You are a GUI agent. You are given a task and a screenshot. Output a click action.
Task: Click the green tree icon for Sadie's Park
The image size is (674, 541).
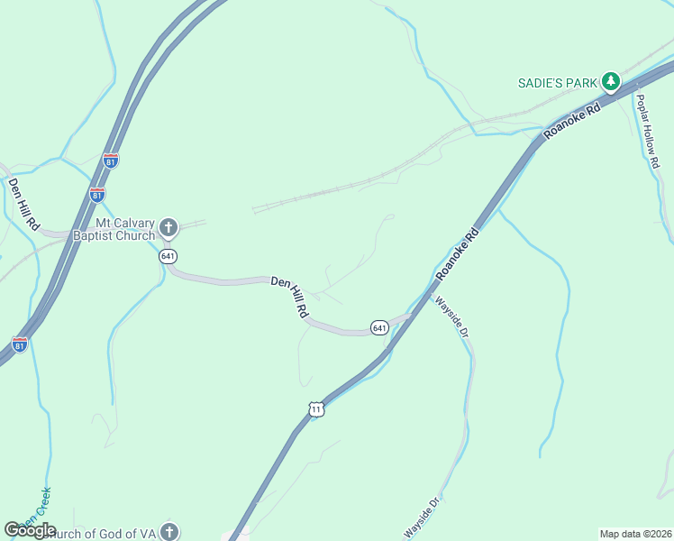[x=611, y=82]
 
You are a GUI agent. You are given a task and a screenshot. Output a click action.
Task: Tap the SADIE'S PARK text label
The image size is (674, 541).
[x=558, y=83]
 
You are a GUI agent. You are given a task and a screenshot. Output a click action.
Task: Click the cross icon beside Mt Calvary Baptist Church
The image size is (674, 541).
[x=168, y=228]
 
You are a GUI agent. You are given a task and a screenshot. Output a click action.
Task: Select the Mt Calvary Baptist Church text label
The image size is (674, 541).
[x=125, y=229]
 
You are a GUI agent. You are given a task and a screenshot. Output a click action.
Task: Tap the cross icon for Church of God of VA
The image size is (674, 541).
[x=168, y=531]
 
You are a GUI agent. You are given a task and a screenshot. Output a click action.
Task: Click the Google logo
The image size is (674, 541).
[x=30, y=530]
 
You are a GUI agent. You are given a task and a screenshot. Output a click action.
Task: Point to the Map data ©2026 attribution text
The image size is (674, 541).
[x=634, y=534]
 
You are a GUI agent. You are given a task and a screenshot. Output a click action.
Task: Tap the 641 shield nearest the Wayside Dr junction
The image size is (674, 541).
[x=378, y=326]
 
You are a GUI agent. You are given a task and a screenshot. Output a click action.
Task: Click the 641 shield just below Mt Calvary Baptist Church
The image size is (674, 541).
[x=168, y=256]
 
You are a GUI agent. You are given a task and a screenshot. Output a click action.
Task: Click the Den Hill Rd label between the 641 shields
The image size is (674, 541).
[x=290, y=297]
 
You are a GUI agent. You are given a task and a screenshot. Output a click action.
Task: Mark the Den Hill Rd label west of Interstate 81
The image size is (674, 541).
[x=23, y=202]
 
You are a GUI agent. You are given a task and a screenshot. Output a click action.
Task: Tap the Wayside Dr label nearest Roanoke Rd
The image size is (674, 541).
[x=453, y=316]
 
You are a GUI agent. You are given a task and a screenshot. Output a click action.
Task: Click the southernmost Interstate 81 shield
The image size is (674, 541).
[x=20, y=344]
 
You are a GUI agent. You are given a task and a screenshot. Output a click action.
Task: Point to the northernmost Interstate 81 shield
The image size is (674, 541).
[x=110, y=161]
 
